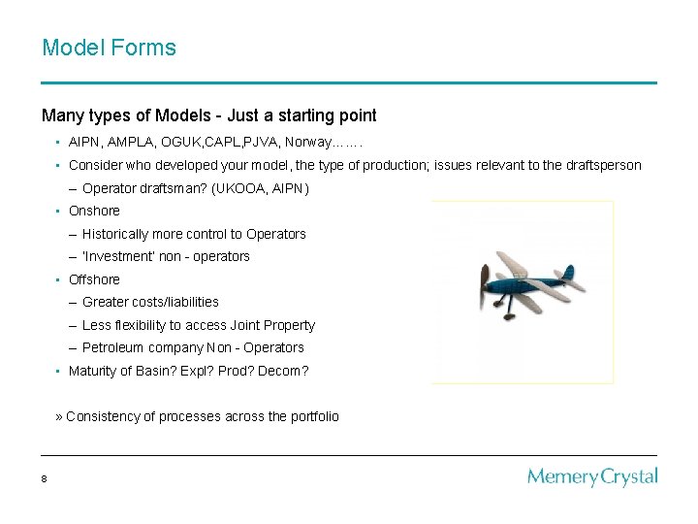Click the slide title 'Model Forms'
(x=109, y=48)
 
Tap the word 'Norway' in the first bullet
(x=307, y=143)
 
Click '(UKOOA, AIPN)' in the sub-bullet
(x=260, y=188)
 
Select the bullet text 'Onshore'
(x=94, y=211)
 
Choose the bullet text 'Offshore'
(x=94, y=279)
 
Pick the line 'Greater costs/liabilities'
(x=150, y=302)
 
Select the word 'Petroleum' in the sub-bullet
(x=112, y=347)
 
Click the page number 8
(x=45, y=478)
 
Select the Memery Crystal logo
(x=592, y=476)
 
